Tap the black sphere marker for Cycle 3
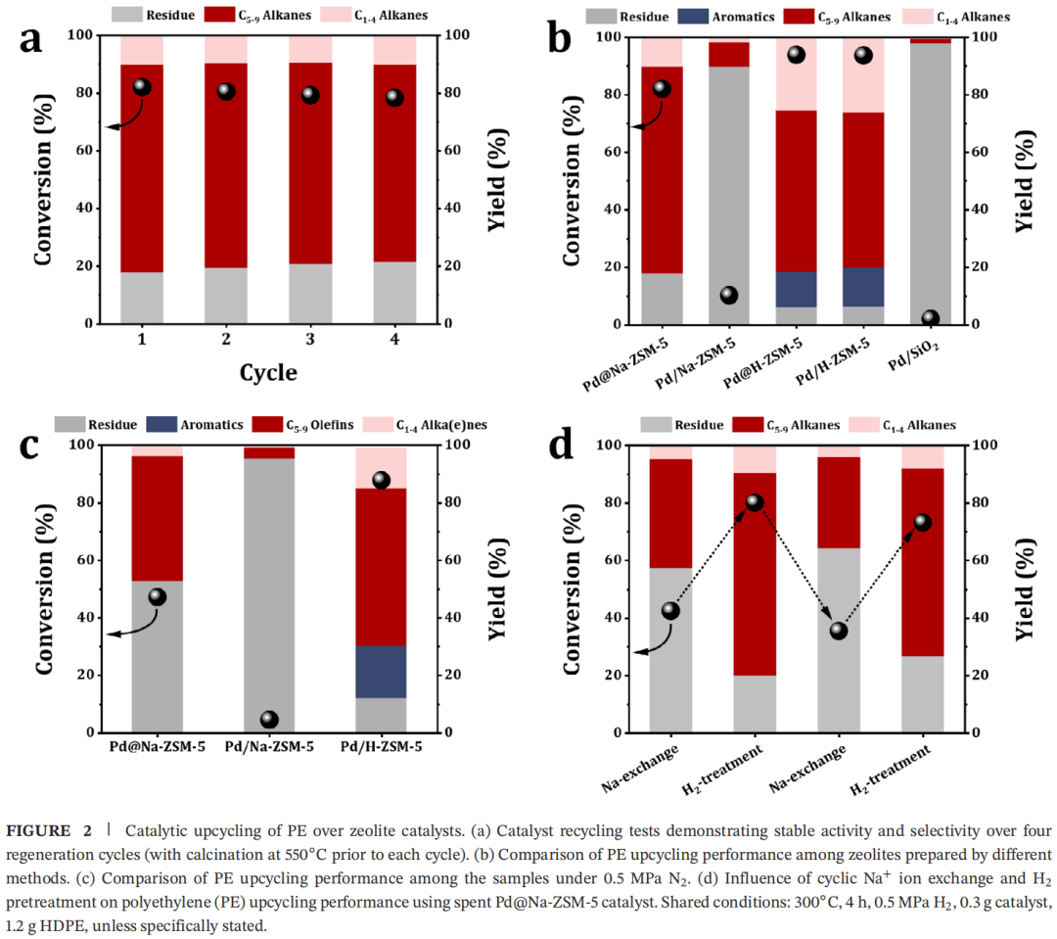tap(310, 95)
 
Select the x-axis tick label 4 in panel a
tap(394, 339)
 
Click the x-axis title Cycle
tap(268, 372)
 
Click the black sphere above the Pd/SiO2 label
tap(931, 318)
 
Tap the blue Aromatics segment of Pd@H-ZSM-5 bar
tap(796, 289)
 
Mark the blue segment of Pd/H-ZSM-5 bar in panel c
tap(381, 672)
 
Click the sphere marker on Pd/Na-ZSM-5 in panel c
tap(269, 720)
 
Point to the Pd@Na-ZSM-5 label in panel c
tap(157, 747)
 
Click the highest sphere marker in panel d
tap(755, 502)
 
